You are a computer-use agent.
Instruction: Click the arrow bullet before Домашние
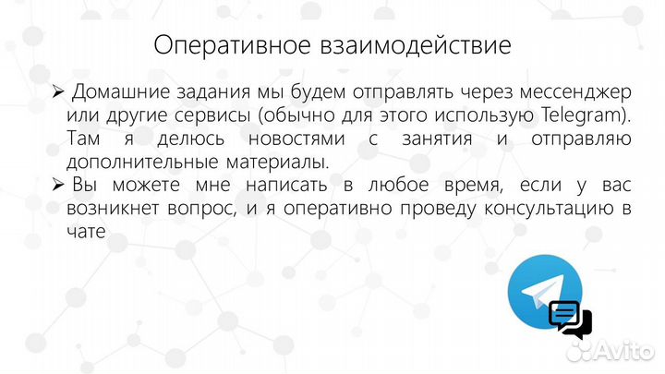(57, 92)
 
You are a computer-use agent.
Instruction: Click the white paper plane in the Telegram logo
(539, 294)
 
